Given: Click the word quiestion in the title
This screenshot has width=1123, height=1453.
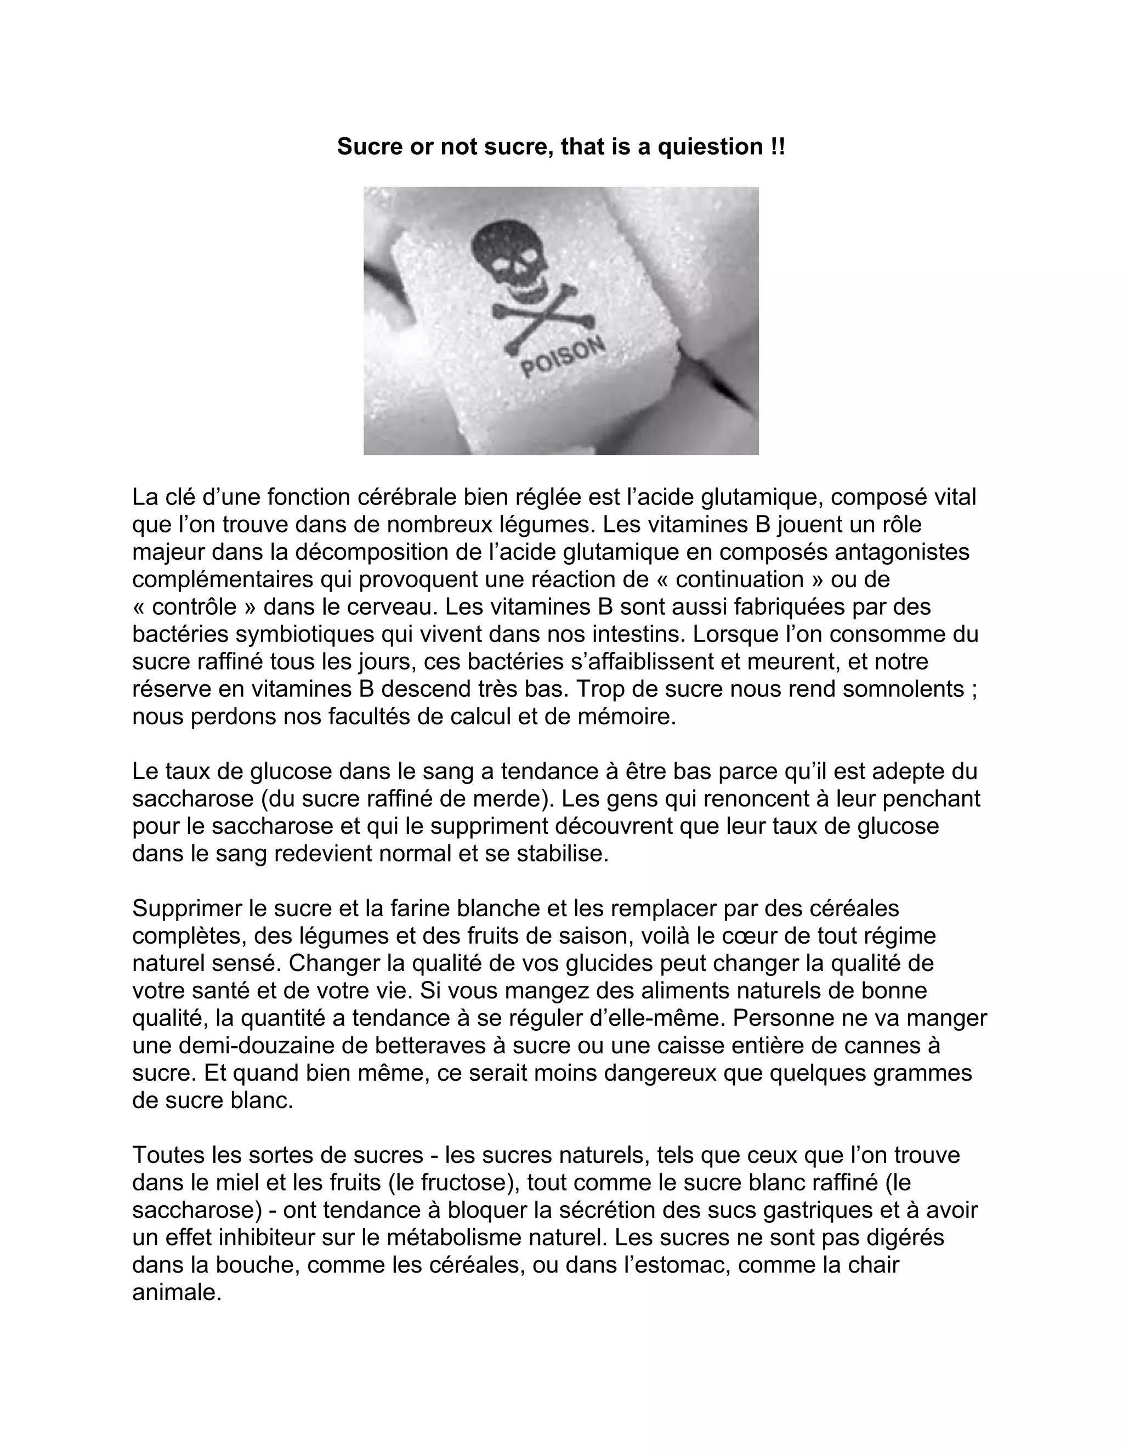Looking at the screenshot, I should tap(710, 146).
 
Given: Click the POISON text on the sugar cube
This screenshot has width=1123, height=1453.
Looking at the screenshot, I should tap(563, 358).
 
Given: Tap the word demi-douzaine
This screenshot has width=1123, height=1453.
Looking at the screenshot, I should tap(258, 1046).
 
